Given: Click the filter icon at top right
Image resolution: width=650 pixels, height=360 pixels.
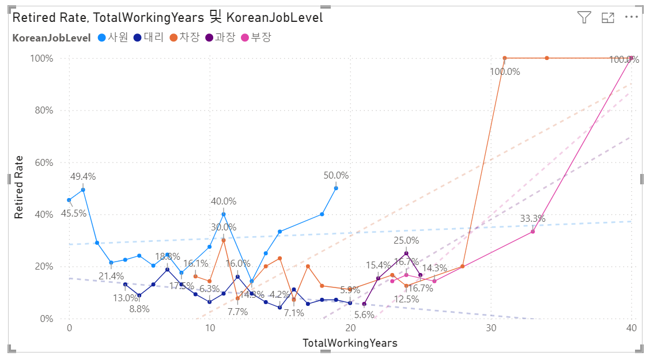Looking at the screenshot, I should (x=584, y=17).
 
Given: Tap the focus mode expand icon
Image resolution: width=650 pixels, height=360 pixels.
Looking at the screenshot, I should (x=608, y=17).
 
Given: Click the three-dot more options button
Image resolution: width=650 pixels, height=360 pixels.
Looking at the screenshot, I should (x=632, y=17).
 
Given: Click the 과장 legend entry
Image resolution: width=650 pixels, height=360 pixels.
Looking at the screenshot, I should (x=221, y=38).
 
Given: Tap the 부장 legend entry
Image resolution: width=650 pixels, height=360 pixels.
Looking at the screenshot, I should (x=256, y=38).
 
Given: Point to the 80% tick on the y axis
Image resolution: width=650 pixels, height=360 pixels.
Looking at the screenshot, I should (x=41, y=111).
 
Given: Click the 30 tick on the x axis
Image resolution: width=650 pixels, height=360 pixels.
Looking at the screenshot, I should (x=491, y=328).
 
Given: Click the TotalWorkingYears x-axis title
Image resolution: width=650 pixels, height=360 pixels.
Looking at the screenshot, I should (x=350, y=343).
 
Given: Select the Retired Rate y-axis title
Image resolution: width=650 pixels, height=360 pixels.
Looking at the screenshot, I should (x=19, y=187).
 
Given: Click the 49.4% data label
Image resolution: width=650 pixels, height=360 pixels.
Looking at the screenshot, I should (x=83, y=177).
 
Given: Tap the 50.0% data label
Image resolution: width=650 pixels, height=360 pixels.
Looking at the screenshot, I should (x=336, y=175).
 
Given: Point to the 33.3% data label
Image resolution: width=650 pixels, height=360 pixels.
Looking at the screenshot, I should (x=532, y=219).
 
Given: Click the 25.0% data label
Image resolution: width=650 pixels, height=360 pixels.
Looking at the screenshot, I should (x=406, y=240).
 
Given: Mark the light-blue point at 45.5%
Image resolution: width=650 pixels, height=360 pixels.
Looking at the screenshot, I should (x=69, y=200).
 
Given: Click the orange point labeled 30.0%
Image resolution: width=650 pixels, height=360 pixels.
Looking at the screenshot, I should (x=224, y=240).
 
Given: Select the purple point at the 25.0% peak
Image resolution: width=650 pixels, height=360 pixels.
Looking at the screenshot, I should (x=406, y=253).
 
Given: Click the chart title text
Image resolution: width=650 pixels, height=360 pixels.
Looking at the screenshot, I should (x=168, y=17).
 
